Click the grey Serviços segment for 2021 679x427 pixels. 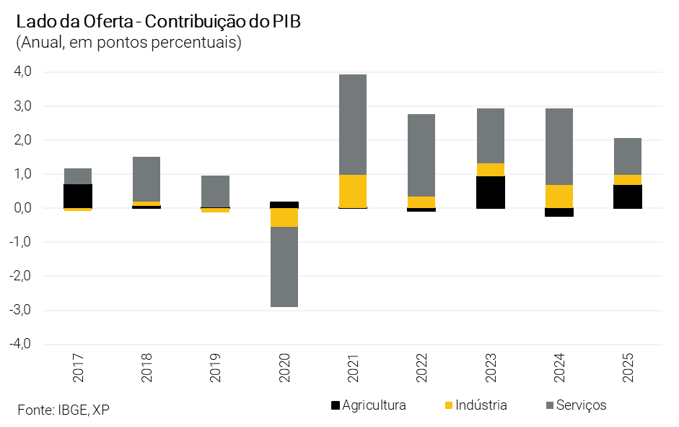coord(352,124)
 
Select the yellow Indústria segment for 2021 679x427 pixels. coord(352,191)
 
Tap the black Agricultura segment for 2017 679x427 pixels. coord(78,196)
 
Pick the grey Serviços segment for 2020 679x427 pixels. coord(284,267)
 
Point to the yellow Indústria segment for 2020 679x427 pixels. coord(284,217)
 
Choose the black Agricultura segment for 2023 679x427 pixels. coord(490,192)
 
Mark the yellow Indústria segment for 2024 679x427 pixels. coord(558,197)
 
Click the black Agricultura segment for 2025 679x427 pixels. coord(627,197)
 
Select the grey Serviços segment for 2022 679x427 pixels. coord(421,155)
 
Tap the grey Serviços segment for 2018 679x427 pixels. coord(146,179)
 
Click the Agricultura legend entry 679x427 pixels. coord(368,405)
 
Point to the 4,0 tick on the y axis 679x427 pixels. coord(22,72)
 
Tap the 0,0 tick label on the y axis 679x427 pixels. coord(22,208)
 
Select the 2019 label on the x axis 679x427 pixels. coord(216,368)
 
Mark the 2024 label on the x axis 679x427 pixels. coord(558,368)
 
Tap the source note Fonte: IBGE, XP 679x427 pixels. coord(63,410)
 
